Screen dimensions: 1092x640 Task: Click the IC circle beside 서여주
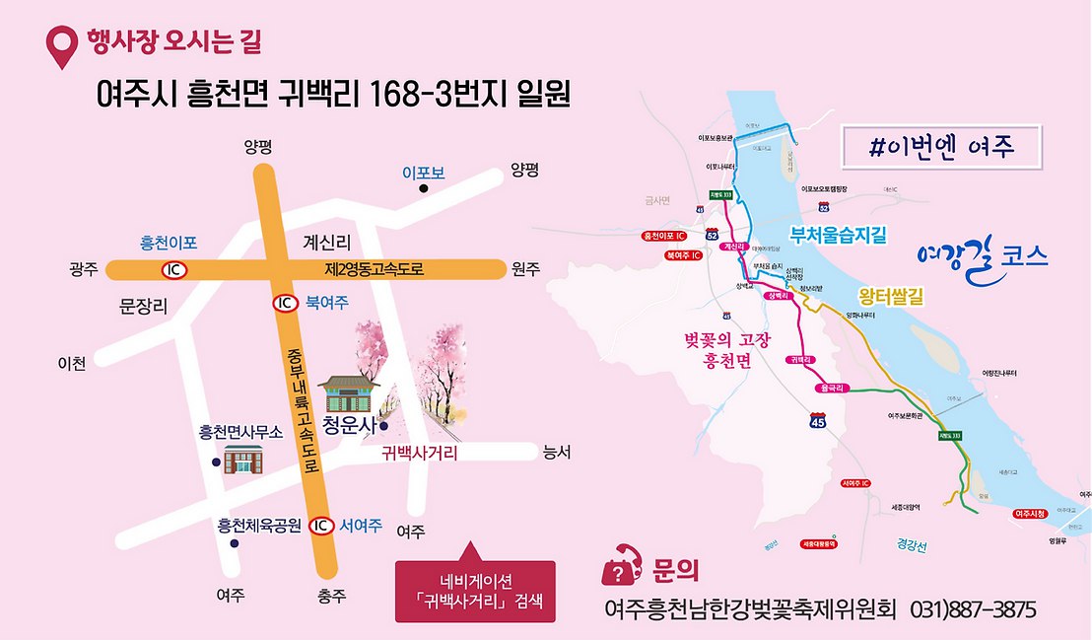(x=320, y=526)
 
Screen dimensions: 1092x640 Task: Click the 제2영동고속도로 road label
(x=375, y=268)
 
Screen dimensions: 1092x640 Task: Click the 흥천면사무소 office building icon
(x=243, y=461)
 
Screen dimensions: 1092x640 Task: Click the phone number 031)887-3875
(x=973, y=609)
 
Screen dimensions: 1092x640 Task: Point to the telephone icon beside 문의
(x=620, y=567)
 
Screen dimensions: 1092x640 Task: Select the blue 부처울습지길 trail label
(x=839, y=235)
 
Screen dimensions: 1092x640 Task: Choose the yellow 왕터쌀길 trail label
(x=890, y=296)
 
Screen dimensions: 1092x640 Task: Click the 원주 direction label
(x=526, y=269)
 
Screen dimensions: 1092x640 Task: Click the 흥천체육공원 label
(x=258, y=526)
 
